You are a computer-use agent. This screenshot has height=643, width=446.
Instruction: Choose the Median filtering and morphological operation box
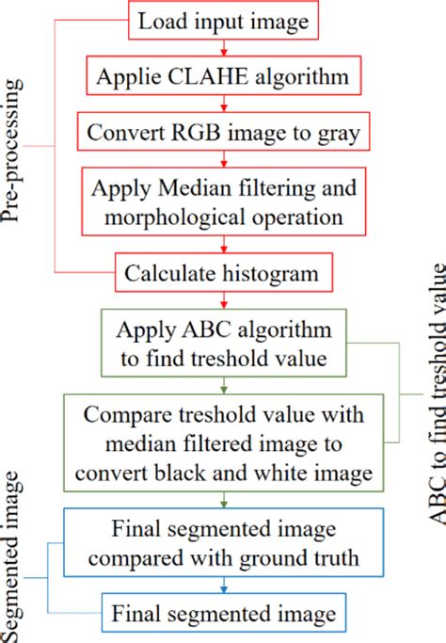[224, 201]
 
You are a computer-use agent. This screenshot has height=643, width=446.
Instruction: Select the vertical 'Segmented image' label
[12, 555]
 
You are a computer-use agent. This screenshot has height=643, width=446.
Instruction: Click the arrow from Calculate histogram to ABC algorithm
[224, 299]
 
